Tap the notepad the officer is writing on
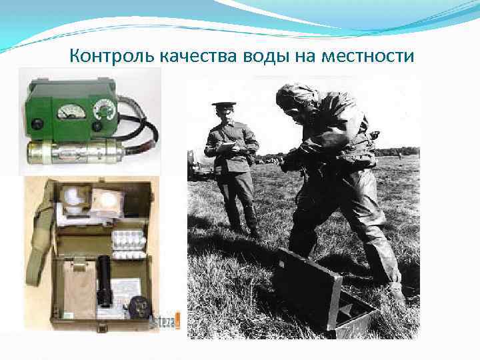coord(228,146)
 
